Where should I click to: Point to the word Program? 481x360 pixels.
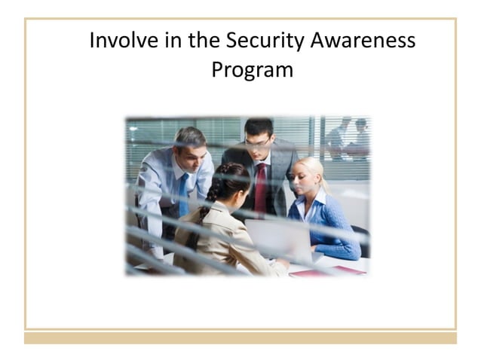(x=252, y=70)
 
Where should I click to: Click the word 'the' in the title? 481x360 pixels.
(x=204, y=41)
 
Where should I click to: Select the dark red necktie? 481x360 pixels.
(x=260, y=188)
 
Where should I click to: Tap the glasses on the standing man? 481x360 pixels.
(x=257, y=141)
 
